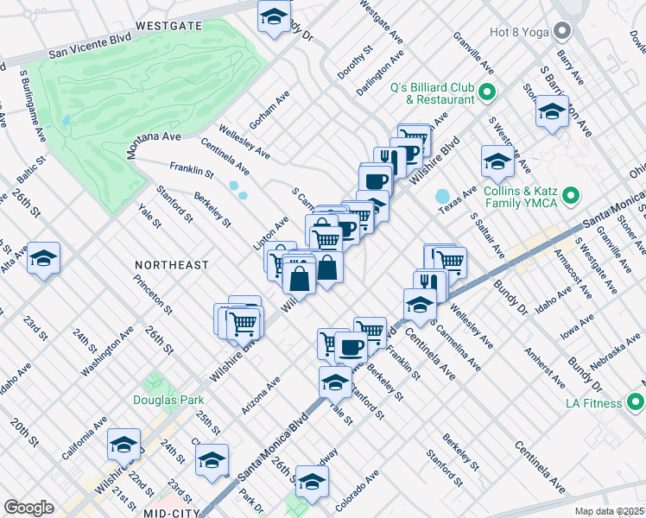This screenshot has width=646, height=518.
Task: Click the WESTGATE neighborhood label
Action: pyautogui.click(x=168, y=26)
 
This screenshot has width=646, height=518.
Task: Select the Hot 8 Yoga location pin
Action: pyautogui.click(x=564, y=32)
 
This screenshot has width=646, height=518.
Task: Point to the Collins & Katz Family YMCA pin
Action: pyautogui.click(x=570, y=198)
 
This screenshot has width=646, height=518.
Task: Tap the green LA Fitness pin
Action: pyautogui.click(x=636, y=402)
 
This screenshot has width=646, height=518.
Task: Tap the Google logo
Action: pyautogui.click(x=28, y=508)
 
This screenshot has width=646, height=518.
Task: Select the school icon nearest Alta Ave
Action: pyautogui.click(x=43, y=259)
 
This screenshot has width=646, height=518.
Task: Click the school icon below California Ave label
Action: pyautogui.click(x=123, y=444)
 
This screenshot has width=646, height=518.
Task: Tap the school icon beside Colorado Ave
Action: pyautogui.click(x=313, y=481)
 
